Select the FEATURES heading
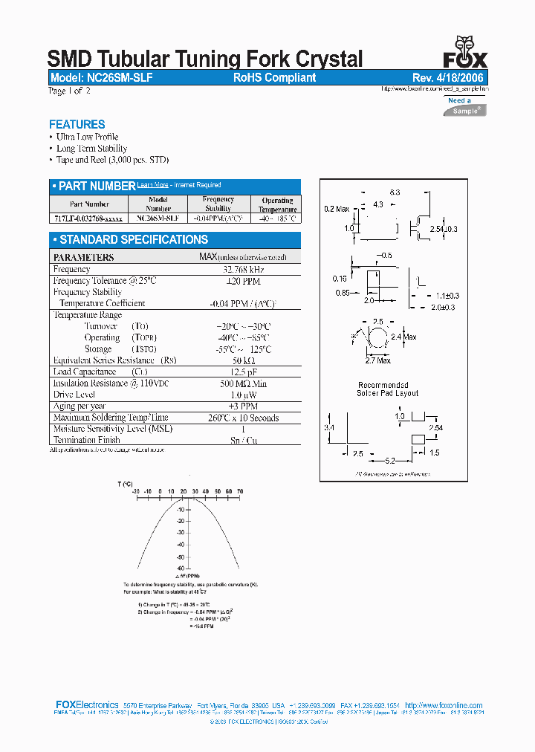coord(77,125)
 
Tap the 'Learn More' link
coord(153,185)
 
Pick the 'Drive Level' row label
coord(74,395)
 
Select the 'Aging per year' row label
coord(80,406)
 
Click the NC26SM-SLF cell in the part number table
coord(158,218)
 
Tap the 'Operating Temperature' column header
coord(278,205)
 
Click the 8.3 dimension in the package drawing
coord(395,192)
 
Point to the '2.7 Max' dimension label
coord(379,360)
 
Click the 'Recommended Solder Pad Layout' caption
coord(387,389)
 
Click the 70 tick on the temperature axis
coord(240,491)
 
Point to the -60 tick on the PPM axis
coord(181,567)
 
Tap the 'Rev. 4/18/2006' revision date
coord(450,77)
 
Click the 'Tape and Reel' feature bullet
coord(113,160)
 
